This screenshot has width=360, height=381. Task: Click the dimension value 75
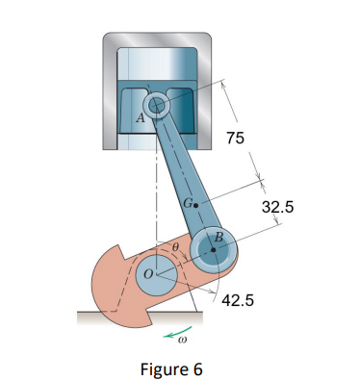pyautogui.click(x=235, y=139)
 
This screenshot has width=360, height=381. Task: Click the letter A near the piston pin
pyautogui.click(x=141, y=118)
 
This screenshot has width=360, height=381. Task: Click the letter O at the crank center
pyautogui.click(x=146, y=274)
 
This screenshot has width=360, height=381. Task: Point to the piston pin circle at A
pyautogui.click(x=157, y=104)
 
